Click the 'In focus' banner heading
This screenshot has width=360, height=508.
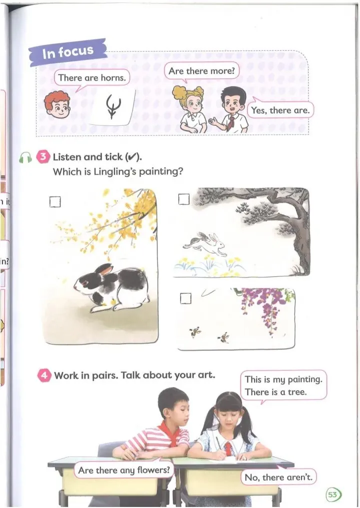[x=68, y=52]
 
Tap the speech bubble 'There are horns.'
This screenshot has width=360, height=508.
[x=92, y=78]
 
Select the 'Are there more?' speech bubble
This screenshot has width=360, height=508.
[x=201, y=71]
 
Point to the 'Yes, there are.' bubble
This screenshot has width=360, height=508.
[x=280, y=110]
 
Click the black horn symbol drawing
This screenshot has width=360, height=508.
[x=113, y=106]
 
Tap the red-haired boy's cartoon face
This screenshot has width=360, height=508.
[x=57, y=105]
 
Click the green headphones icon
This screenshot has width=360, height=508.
[x=25, y=158]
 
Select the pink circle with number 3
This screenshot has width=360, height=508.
[x=43, y=157]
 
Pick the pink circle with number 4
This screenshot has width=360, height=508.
[x=44, y=376]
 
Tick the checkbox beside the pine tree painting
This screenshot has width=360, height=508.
[x=184, y=199]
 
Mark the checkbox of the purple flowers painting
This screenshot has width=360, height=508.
[x=185, y=298]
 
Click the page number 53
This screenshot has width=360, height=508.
[x=332, y=495]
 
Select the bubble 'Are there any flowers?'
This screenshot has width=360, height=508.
[x=124, y=470]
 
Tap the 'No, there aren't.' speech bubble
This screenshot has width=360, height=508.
[x=278, y=477]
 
